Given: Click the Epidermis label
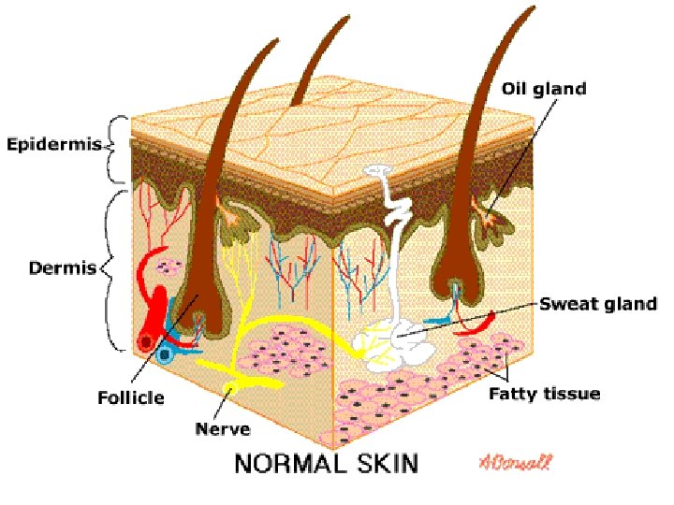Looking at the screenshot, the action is point(54,145).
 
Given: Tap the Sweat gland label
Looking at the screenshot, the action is point(598,304).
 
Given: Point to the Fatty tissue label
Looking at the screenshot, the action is point(545,394).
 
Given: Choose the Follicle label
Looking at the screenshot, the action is point(131,397).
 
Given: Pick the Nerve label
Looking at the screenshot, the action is point(222,429).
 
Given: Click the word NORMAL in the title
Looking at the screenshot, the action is point(290,462).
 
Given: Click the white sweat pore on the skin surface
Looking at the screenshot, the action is point(379,172).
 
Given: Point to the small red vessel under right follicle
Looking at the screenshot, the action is point(473,325).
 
